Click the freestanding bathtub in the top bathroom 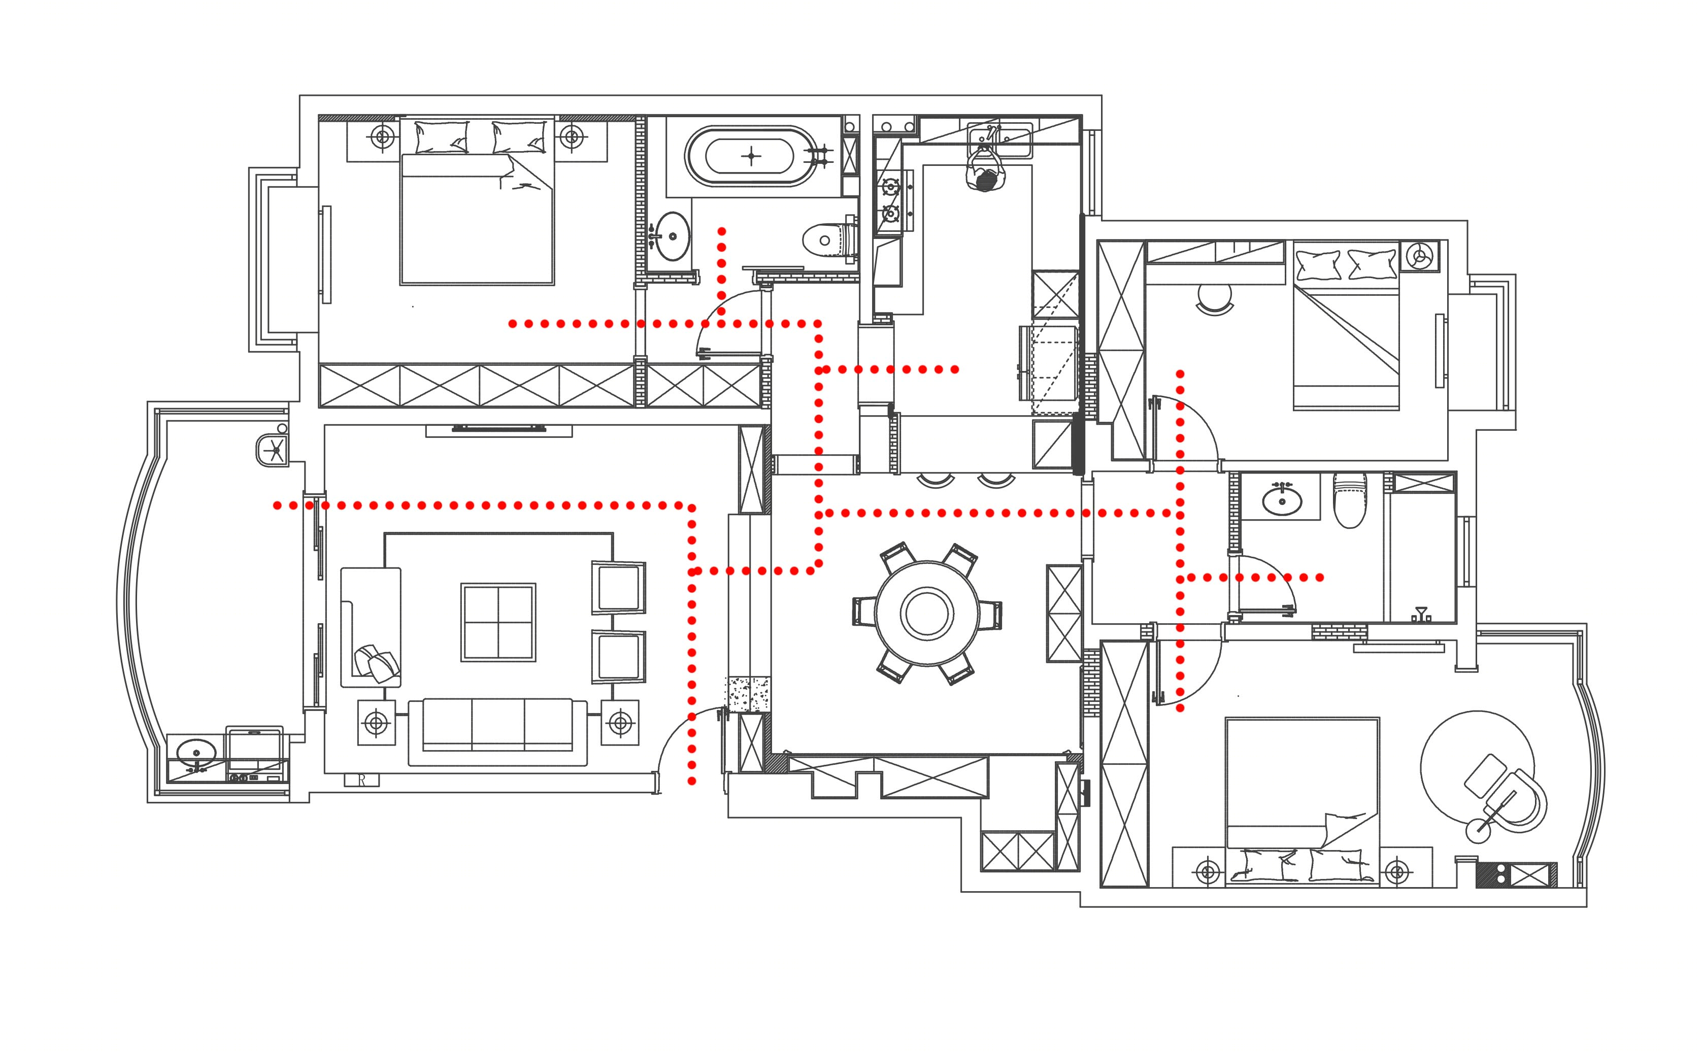coord(751,155)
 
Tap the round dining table coord(926,614)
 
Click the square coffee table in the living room coord(498,622)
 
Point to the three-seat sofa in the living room coord(497,733)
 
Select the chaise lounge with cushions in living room coord(371,627)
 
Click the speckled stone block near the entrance coord(747,694)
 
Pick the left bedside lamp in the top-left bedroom coord(382,137)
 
